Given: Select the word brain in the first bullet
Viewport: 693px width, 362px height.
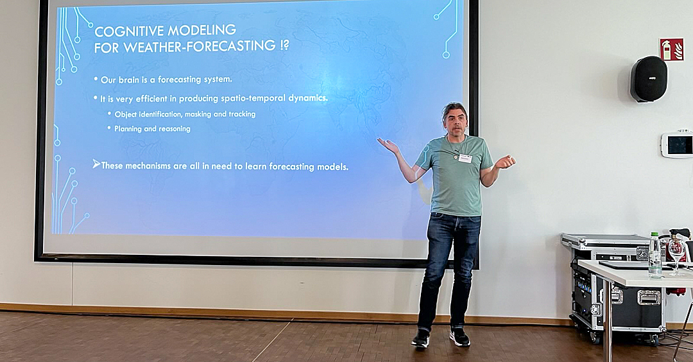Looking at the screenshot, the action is pyautogui.click(x=128, y=80).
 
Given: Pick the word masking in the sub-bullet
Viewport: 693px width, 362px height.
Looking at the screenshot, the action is pyautogui.click(x=198, y=114).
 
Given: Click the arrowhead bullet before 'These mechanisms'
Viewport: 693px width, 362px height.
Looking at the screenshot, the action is pyautogui.click(x=96, y=164).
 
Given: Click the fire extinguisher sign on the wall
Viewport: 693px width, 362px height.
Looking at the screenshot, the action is pyautogui.click(x=671, y=49).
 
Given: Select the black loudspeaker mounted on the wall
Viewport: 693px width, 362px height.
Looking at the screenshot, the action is pyautogui.click(x=648, y=79).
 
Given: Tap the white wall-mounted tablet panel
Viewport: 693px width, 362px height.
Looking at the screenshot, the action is pyautogui.click(x=677, y=144).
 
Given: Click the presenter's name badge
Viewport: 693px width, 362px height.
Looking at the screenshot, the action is pyautogui.click(x=465, y=159).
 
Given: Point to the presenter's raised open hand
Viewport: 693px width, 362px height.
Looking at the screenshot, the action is pyautogui.click(x=388, y=144).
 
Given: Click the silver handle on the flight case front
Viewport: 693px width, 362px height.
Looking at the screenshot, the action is pyautogui.click(x=649, y=297).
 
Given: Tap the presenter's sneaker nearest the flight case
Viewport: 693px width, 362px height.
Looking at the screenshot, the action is pyautogui.click(x=459, y=337).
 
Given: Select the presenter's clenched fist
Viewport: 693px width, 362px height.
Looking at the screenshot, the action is pyautogui.click(x=505, y=162).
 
